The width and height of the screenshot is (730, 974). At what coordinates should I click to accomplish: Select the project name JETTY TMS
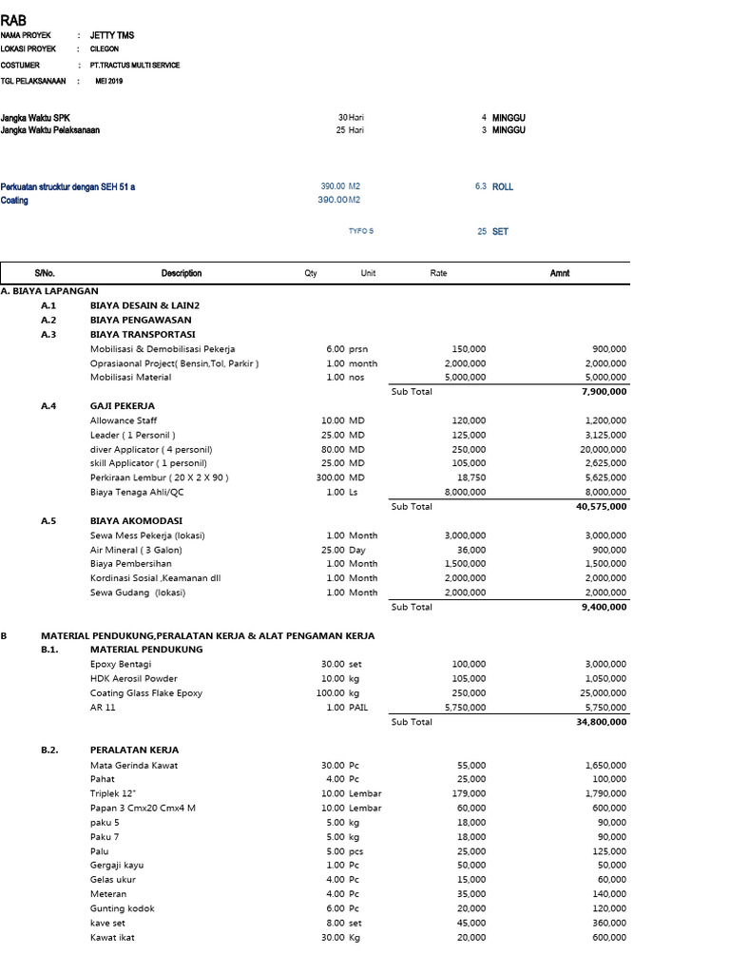pos(111,35)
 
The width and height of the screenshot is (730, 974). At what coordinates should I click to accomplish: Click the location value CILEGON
pos(105,49)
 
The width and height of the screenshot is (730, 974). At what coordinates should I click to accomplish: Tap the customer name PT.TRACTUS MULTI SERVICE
pos(134,65)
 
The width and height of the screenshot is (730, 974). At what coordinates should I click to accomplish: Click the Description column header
pos(181,273)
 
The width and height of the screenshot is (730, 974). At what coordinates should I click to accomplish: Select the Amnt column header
pos(560,273)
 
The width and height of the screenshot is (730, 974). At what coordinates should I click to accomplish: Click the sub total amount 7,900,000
pos(603,392)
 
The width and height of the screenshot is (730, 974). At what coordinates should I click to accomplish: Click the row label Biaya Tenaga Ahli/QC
pos(137,492)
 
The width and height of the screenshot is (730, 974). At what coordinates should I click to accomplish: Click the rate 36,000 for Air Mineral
pos(471,550)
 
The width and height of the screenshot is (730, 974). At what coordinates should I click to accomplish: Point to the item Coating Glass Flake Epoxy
pos(145,693)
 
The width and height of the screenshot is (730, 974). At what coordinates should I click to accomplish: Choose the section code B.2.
pos(49,750)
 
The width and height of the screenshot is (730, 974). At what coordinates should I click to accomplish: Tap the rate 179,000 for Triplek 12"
pos(469,793)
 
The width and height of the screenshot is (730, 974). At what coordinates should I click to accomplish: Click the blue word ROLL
pos(502,186)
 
